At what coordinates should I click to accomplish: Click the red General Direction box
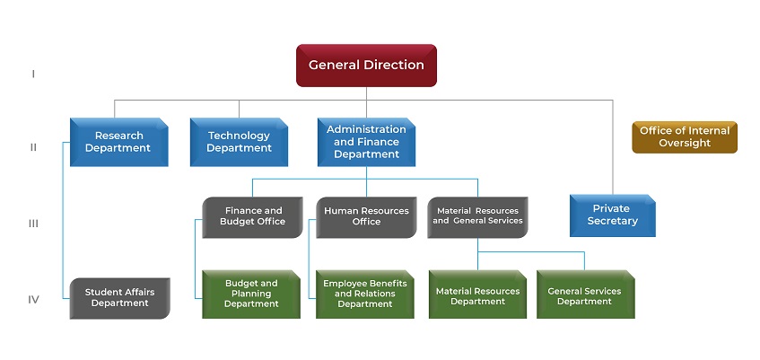pyautogui.click(x=366, y=66)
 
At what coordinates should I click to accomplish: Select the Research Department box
pyautogui.click(x=119, y=142)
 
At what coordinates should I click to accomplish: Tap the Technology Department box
pyautogui.click(x=239, y=142)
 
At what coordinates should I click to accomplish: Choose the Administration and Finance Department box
pyautogui.click(x=366, y=142)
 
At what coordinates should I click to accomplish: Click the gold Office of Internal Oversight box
pyautogui.click(x=685, y=137)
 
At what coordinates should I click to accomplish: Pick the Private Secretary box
pyautogui.click(x=613, y=215)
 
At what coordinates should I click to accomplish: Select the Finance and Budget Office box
pyautogui.click(x=252, y=217)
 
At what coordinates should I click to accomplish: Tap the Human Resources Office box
pyautogui.click(x=366, y=217)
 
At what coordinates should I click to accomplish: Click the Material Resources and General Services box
pyautogui.click(x=477, y=217)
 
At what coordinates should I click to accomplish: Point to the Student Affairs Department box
pyautogui.click(x=119, y=298)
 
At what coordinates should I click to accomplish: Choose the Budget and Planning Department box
pyautogui.click(x=251, y=294)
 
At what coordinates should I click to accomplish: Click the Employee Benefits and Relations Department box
pyautogui.click(x=365, y=294)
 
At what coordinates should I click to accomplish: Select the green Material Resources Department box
pyautogui.click(x=477, y=294)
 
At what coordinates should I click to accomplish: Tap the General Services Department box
pyautogui.click(x=586, y=294)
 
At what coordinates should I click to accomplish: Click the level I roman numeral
pyautogui.click(x=33, y=75)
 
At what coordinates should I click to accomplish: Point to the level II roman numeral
pyautogui.click(x=33, y=147)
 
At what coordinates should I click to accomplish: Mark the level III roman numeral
pyautogui.click(x=33, y=224)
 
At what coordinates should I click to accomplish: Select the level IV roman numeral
pyautogui.click(x=33, y=299)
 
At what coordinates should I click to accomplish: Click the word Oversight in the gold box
pyautogui.click(x=685, y=143)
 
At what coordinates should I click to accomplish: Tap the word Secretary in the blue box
pyautogui.click(x=613, y=221)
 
